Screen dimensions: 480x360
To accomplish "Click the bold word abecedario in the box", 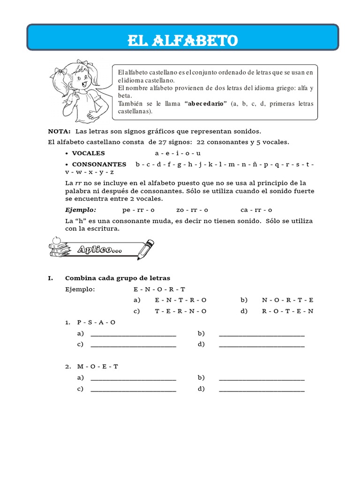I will point(206,104).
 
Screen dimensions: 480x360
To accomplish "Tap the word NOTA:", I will point(59,132).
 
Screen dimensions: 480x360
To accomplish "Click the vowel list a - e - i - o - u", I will point(178,153).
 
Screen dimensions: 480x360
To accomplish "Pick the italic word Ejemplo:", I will point(81,210).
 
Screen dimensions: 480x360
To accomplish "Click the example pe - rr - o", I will point(138,210).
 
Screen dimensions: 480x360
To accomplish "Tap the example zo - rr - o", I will point(192,210).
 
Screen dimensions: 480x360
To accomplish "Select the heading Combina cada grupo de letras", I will point(118,278).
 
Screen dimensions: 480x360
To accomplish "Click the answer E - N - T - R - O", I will point(180,300).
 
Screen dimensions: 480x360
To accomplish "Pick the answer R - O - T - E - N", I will point(288,311).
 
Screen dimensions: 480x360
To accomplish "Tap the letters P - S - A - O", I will point(96,322).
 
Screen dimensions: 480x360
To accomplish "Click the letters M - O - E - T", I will point(97,367).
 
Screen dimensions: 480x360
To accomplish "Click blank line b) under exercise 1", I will point(262,334).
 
